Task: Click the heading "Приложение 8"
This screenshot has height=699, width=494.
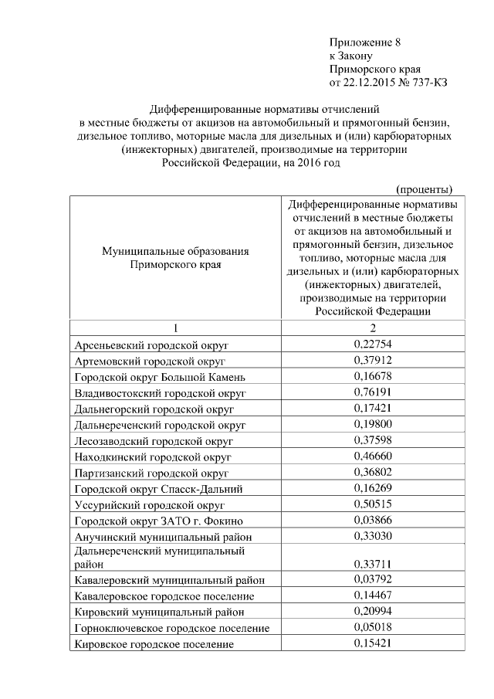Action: [365, 42]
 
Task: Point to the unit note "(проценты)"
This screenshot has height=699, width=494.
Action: [424, 189]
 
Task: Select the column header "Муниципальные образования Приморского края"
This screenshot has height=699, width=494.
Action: [175, 258]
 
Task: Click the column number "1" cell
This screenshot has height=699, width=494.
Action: [175, 327]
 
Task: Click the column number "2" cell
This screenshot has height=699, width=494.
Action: [373, 327]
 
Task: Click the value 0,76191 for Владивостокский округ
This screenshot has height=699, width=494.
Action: [373, 392]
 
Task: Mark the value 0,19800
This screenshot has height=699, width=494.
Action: [373, 423]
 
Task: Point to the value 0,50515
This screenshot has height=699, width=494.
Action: [373, 503]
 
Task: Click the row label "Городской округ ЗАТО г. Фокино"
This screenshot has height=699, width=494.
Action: [158, 521]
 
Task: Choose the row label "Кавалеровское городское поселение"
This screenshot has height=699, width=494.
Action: [164, 596]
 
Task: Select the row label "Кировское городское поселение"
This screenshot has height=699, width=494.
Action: [153, 644]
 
